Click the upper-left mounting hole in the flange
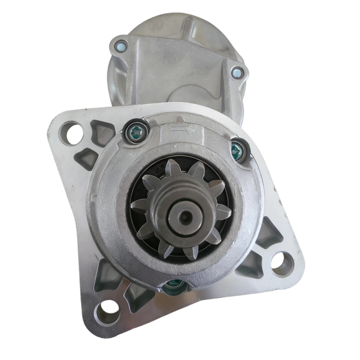click(x=71, y=133)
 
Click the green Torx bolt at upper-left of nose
click(x=135, y=131)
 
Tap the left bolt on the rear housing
click(x=120, y=46)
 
